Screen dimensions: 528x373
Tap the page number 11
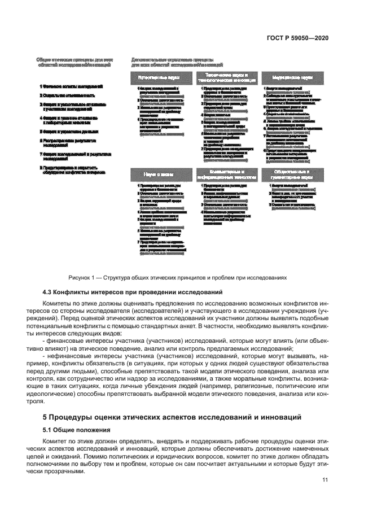(325, 480)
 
